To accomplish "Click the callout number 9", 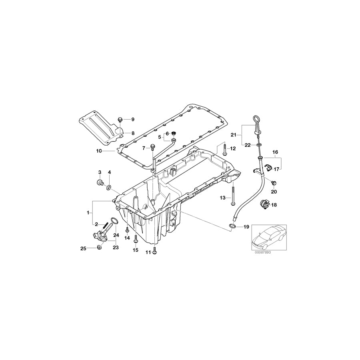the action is [x=133, y=119].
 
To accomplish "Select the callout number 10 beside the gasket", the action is [x=99, y=151].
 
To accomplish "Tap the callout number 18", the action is [x=274, y=205].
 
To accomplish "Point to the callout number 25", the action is [x=83, y=248].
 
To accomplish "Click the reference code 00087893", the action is [x=262, y=252].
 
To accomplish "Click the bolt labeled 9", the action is [x=120, y=119].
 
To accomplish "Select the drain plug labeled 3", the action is [x=100, y=182].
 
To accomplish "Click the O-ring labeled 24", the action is [x=114, y=221].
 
